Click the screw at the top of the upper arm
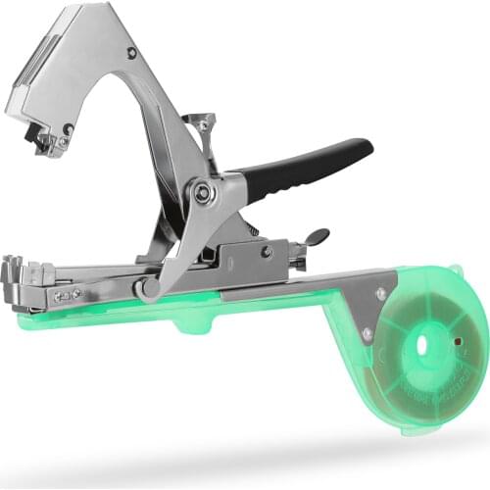131,53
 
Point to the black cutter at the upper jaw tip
44,141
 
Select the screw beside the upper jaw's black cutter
68,129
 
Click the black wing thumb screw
316,237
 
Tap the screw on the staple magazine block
267,252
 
